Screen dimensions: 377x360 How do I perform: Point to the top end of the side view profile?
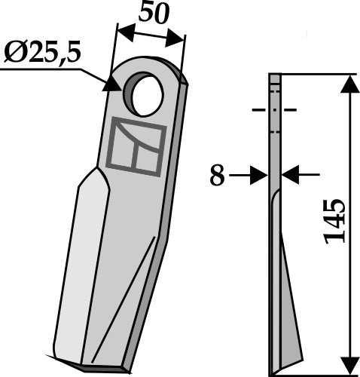(274, 78)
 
